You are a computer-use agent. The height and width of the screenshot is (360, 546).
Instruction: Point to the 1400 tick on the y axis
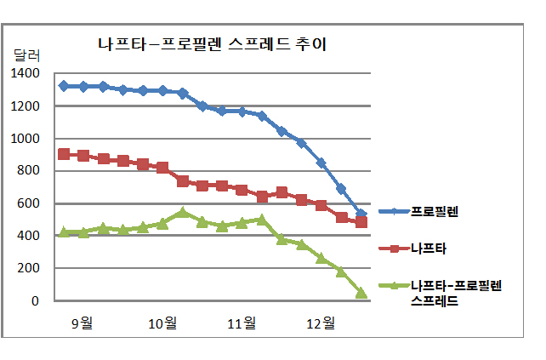(26, 74)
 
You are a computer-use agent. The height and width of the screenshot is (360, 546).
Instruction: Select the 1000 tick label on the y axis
(26, 139)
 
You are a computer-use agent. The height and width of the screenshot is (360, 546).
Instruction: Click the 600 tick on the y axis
(29, 203)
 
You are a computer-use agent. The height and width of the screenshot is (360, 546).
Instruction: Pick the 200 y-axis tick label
(29, 268)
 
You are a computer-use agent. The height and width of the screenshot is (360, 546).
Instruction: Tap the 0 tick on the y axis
(35, 300)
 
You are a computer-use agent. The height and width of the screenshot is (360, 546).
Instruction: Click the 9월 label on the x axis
(82, 323)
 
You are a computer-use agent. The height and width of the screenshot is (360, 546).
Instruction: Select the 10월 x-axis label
(162, 323)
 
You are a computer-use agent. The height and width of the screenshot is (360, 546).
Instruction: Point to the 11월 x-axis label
(242, 323)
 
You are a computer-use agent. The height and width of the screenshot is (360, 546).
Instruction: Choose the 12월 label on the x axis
(321, 323)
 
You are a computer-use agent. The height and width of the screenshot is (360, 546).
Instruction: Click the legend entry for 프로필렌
(433, 212)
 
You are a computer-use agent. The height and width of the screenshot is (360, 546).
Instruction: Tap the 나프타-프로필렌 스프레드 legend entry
(455, 292)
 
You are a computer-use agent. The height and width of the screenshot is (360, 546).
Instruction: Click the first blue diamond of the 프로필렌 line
(64, 86)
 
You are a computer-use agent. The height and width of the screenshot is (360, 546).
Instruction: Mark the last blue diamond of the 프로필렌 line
(361, 214)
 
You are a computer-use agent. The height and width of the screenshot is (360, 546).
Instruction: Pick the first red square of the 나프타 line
(64, 154)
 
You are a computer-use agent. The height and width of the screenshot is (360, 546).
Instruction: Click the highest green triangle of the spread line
(183, 213)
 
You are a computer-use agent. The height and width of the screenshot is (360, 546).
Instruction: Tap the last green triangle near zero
(361, 293)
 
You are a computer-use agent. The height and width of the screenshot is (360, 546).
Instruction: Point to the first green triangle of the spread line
(64, 231)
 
